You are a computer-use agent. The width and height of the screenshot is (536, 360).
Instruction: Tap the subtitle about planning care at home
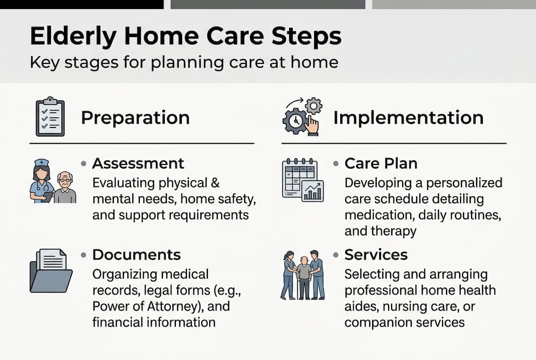click(x=184, y=63)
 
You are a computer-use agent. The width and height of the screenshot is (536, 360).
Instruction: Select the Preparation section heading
click(x=135, y=118)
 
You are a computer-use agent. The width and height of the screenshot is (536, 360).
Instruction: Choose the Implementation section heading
click(x=408, y=118)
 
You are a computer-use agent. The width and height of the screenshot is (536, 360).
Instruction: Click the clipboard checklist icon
click(x=50, y=116)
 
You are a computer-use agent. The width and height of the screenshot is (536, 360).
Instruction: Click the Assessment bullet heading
click(x=138, y=163)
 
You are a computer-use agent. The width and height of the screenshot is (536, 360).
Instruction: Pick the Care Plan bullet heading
click(x=381, y=163)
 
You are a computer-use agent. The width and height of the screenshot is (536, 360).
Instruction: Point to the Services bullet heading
click(x=376, y=254)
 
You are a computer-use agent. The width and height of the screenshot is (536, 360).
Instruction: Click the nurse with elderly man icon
click(x=52, y=181)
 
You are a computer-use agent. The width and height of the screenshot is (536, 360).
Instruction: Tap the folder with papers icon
click(x=51, y=270)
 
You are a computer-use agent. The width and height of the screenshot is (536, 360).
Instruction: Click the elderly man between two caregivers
click(x=303, y=275)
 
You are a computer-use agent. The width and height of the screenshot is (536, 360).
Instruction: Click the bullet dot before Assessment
click(x=84, y=164)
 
